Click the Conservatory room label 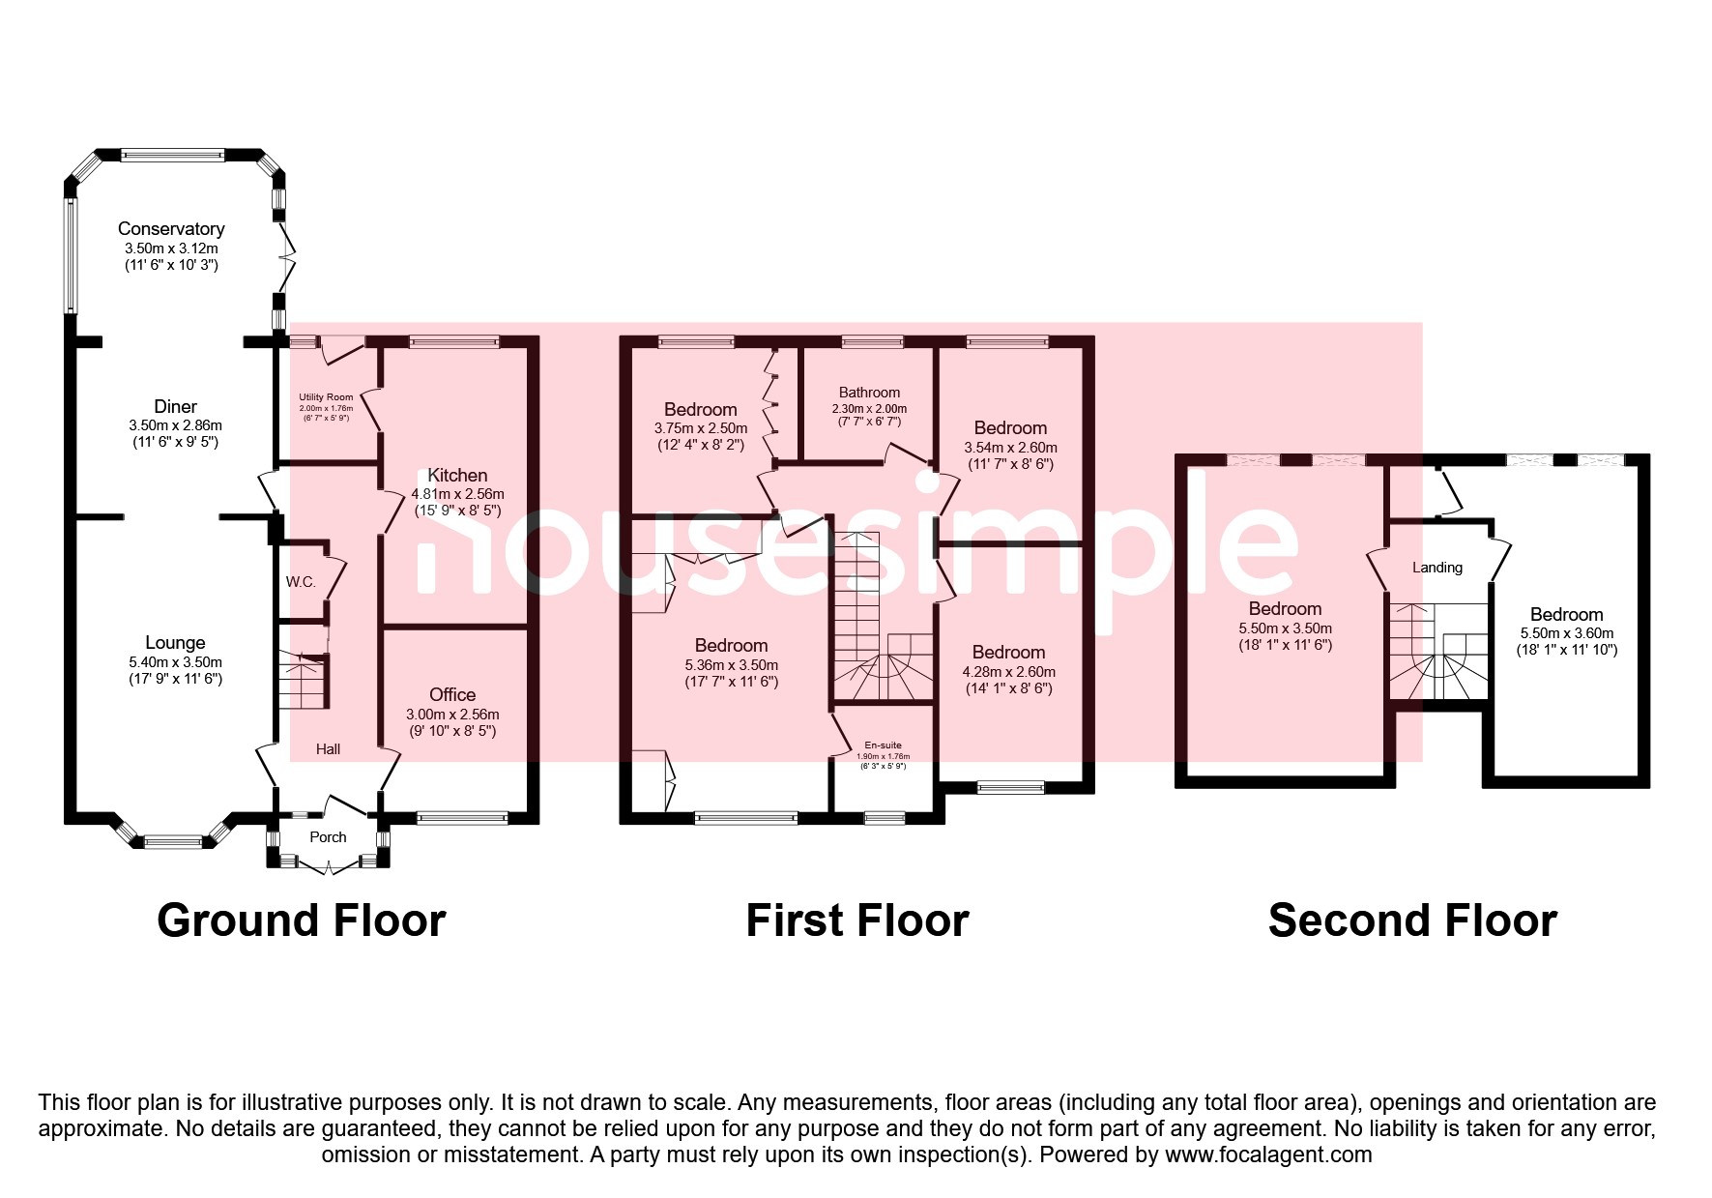[171, 229]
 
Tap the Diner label [175, 407]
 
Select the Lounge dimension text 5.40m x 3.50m [175, 662]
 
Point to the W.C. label [301, 582]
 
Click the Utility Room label [326, 397]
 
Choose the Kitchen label [457, 476]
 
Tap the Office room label [452, 695]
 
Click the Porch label [328, 837]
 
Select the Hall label [328, 749]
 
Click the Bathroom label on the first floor [869, 393]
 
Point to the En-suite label [883, 745]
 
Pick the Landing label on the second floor [1436, 568]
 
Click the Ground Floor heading [302, 920]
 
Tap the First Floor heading [856, 920]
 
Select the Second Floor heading [1412, 920]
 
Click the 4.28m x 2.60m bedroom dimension [1008, 672]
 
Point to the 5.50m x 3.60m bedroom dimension [1566, 633]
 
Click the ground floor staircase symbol [304, 681]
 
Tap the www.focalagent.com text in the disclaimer [1268, 1154]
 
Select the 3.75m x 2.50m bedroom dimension [700, 428]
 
